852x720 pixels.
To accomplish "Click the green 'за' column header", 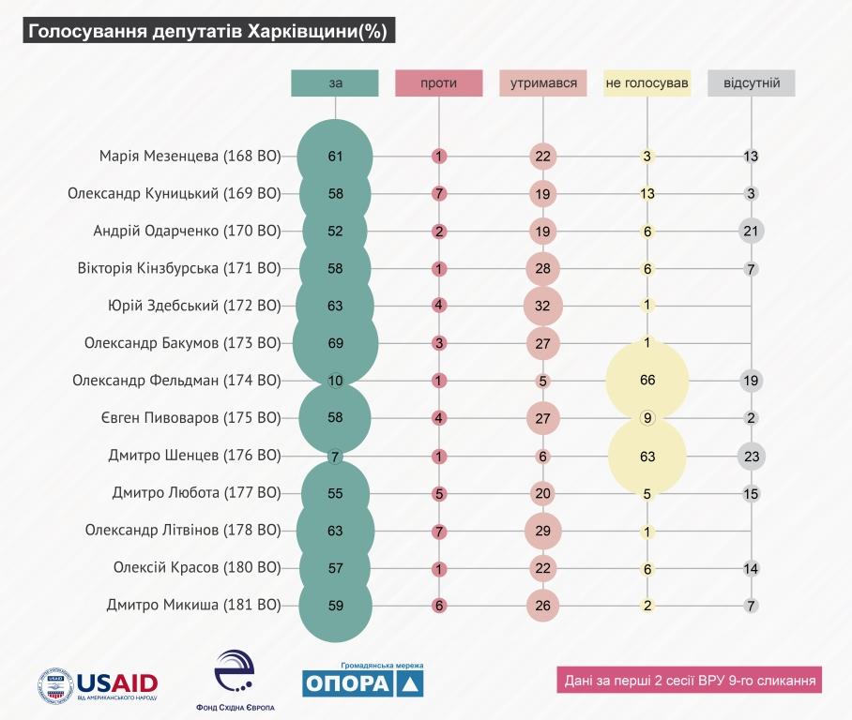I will (335, 83).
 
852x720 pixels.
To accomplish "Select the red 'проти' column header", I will (439, 83).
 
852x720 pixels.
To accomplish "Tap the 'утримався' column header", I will (543, 83).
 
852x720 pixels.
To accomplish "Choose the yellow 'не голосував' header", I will (647, 83).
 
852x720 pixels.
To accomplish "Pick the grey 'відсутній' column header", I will (752, 83).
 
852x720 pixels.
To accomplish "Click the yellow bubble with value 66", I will (647, 381).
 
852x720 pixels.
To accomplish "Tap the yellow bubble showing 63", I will (647, 457).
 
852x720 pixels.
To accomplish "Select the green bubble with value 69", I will (335, 343).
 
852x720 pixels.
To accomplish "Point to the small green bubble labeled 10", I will (335, 381).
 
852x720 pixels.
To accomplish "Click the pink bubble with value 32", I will (543, 306).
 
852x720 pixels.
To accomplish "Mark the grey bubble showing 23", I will (752, 457).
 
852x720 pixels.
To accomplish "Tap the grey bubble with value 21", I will (752, 231).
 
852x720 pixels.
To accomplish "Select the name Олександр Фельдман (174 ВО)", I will (176, 381).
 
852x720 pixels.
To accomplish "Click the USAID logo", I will (98, 683).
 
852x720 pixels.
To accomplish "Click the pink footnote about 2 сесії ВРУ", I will (688, 680).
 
